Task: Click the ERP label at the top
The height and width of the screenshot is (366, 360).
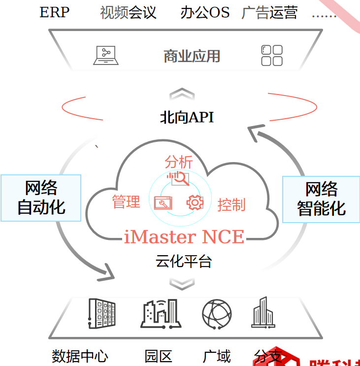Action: tap(54, 13)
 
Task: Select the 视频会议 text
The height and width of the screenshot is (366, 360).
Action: tap(128, 13)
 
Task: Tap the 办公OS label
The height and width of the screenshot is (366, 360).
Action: tap(205, 13)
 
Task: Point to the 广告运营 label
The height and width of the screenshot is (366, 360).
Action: tap(269, 13)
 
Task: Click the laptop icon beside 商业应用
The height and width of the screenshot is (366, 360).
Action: tap(106, 55)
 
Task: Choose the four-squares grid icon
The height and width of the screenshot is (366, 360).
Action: tap(271, 55)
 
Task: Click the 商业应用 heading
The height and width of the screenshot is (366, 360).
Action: tap(192, 56)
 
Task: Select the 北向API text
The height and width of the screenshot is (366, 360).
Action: tap(187, 117)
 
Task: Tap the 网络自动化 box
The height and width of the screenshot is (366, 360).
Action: tap(41, 198)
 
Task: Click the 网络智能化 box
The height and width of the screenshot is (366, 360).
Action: tap(321, 199)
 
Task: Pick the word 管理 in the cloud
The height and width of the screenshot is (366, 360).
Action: tap(126, 201)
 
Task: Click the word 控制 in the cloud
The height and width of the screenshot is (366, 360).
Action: tap(231, 204)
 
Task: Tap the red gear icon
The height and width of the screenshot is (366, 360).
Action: tap(195, 202)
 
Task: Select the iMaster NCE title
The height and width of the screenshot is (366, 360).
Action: tap(184, 237)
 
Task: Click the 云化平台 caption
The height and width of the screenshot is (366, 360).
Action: tap(184, 261)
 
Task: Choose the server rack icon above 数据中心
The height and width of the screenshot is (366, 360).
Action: tap(102, 313)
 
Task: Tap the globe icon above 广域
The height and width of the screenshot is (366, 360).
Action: tap(217, 313)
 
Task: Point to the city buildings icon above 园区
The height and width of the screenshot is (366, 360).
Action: tap(159, 313)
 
